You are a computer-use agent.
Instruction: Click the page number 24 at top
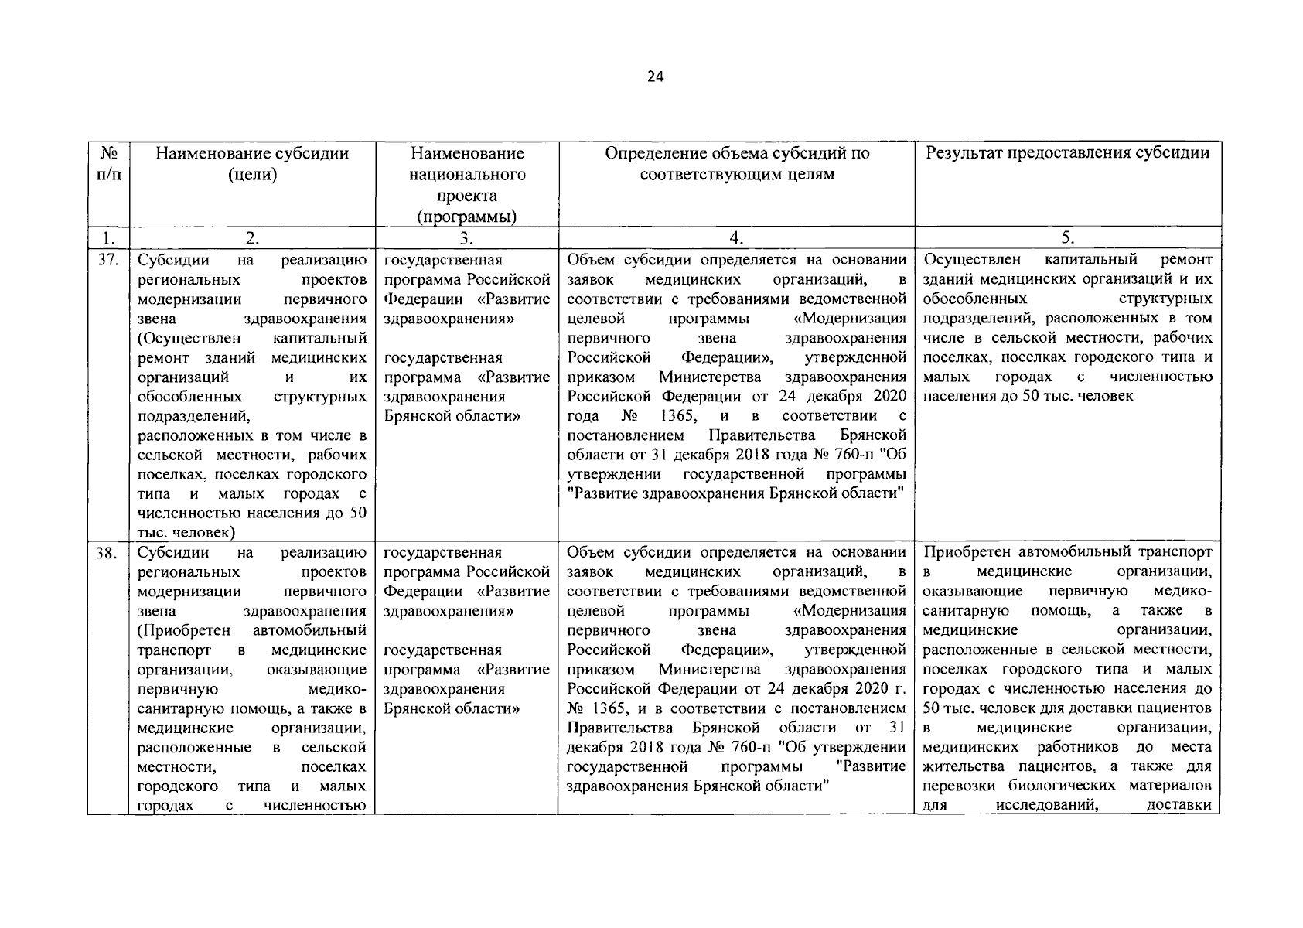(x=654, y=77)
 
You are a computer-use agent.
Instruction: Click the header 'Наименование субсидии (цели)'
(x=252, y=163)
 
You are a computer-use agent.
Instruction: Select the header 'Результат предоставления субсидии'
(x=1067, y=153)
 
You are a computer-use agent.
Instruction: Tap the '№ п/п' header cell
(x=108, y=163)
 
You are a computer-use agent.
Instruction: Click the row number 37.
(x=107, y=260)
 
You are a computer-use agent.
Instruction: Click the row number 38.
(x=107, y=553)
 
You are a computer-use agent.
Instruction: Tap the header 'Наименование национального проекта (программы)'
(x=466, y=185)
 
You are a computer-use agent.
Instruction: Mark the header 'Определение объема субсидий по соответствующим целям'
(x=737, y=163)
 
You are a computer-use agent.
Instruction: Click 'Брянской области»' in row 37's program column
(x=452, y=416)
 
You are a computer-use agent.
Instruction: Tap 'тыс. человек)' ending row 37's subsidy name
(x=186, y=533)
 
